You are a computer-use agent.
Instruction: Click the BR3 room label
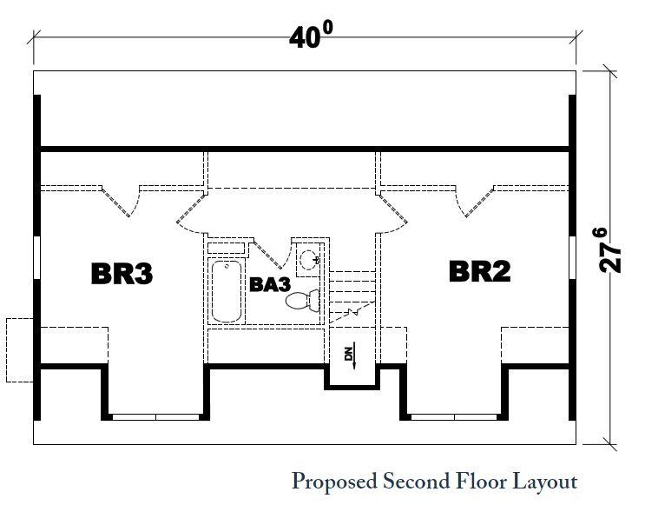[x=122, y=274]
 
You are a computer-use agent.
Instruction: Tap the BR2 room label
[x=479, y=272]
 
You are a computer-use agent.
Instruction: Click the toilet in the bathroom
[x=303, y=302]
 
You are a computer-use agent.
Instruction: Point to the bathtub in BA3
[x=227, y=290]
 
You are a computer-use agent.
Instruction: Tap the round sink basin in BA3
[x=307, y=257]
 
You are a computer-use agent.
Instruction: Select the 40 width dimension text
[x=312, y=37]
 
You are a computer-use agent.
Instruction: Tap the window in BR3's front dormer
[x=156, y=416]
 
